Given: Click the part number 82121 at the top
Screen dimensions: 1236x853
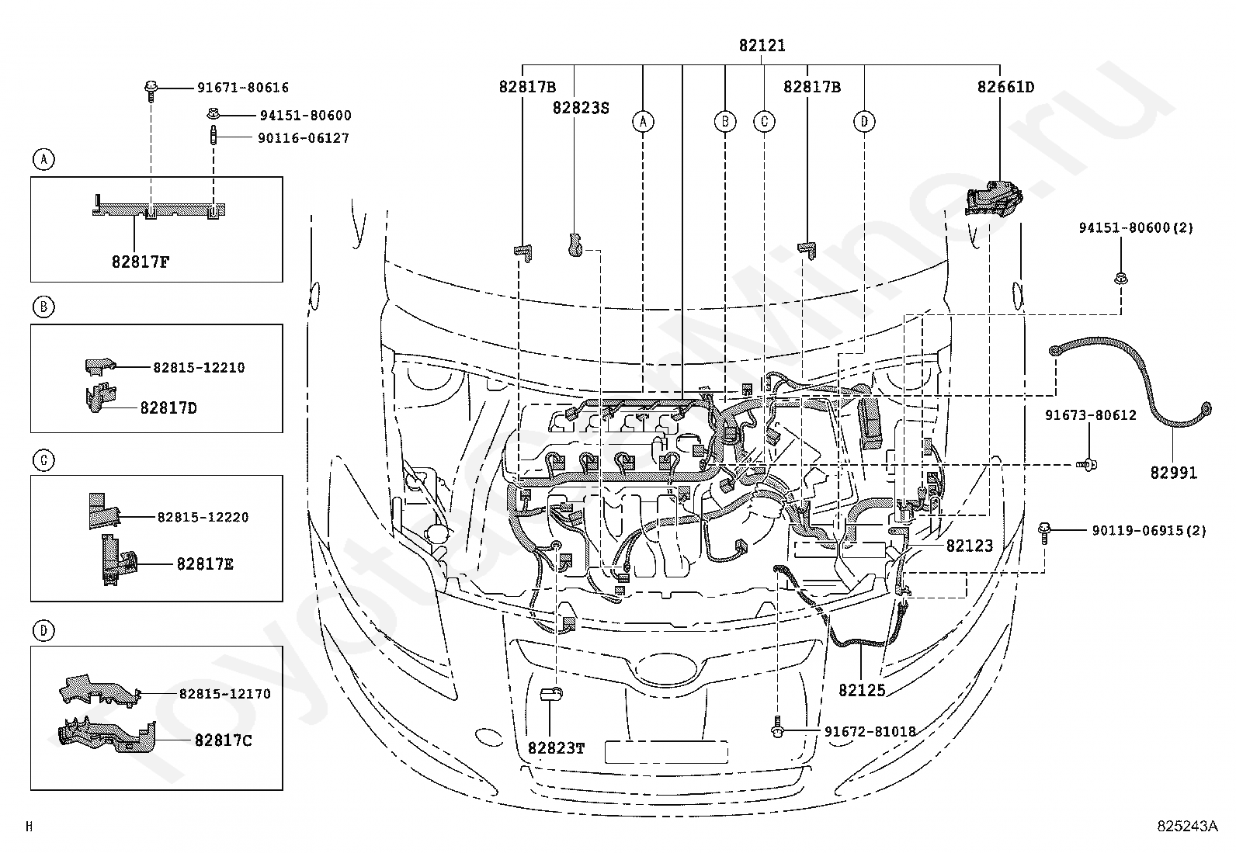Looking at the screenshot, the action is [x=762, y=45].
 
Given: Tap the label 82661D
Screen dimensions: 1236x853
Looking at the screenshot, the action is [x=1005, y=87].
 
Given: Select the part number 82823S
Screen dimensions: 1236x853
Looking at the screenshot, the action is [x=581, y=108].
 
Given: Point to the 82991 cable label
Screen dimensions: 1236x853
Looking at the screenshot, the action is [x=1174, y=473].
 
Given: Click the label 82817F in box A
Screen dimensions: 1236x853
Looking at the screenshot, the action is [x=141, y=262].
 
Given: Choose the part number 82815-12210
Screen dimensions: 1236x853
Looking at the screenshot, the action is [x=199, y=367].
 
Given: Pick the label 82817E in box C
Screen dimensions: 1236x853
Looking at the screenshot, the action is [x=205, y=564].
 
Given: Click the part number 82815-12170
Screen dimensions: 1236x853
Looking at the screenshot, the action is [x=224, y=694].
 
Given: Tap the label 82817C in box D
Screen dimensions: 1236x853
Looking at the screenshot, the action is [x=223, y=740].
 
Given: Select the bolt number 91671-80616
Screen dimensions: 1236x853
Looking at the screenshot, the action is [x=243, y=87].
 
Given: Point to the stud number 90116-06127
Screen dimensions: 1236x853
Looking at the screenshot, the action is [x=304, y=138].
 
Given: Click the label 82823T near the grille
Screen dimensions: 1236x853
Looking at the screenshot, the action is [x=556, y=748].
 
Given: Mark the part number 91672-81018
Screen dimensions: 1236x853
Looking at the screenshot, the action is [x=870, y=732].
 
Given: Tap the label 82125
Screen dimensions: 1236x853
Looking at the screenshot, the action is [x=862, y=690].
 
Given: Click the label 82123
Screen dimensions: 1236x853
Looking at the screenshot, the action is [x=970, y=546].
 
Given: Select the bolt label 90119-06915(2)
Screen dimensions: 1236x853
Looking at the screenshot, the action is [x=1149, y=531].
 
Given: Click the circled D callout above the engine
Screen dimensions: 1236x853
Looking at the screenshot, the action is [x=864, y=121].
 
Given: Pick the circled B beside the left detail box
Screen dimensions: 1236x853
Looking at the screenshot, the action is [x=44, y=307].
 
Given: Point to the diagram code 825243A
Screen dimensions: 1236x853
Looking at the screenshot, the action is [x=1187, y=826].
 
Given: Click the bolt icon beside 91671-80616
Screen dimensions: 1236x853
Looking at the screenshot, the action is [x=151, y=91].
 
